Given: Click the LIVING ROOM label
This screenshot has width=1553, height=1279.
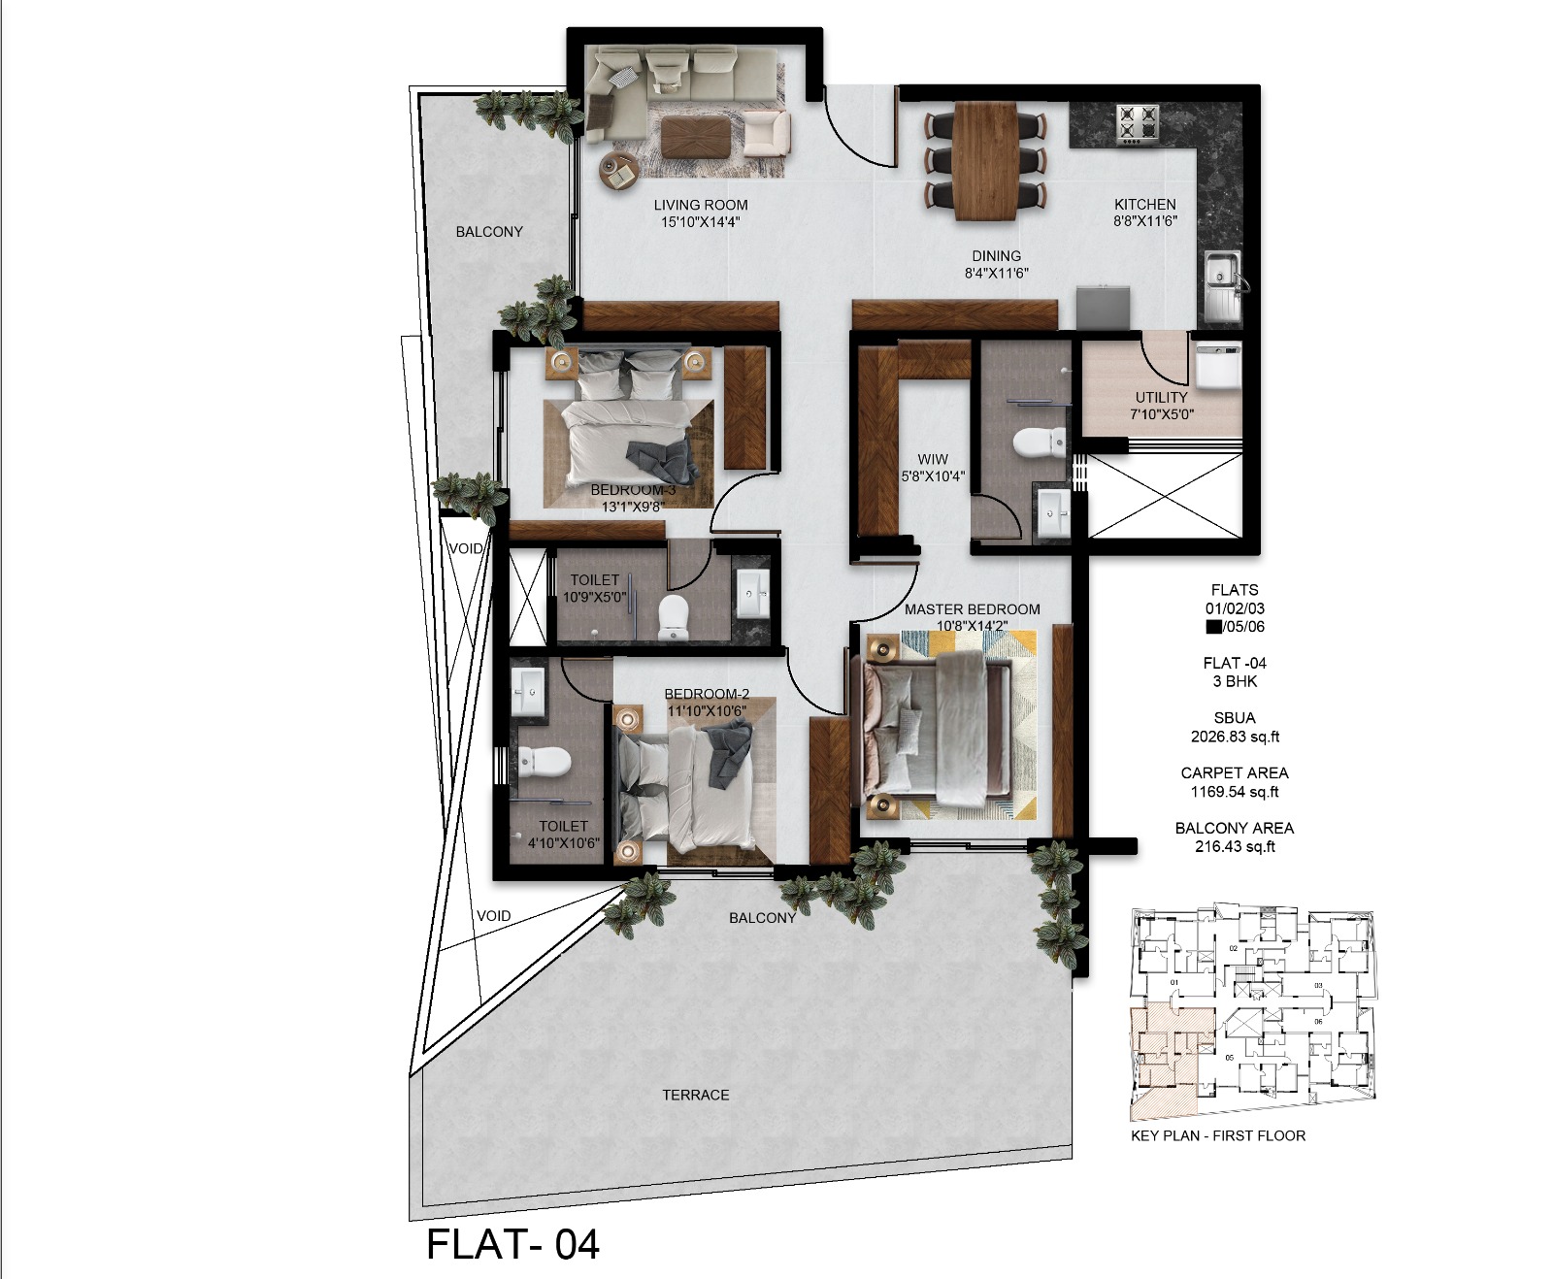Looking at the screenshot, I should pyautogui.click(x=700, y=205).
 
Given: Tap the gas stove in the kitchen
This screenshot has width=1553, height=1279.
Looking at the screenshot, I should pyautogui.click(x=1137, y=125).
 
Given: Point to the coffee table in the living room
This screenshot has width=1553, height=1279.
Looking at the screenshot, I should pyautogui.click(x=697, y=136).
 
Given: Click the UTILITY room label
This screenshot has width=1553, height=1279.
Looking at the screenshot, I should pyautogui.click(x=1161, y=397).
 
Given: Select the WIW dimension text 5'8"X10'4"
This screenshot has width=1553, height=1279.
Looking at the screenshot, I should pyautogui.click(x=933, y=476).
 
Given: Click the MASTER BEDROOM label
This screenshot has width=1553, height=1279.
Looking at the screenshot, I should pyautogui.click(x=972, y=609).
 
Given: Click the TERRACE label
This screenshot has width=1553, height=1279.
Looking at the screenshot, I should pyautogui.click(x=695, y=1095).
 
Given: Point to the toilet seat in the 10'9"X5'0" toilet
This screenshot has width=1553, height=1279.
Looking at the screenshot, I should pyautogui.click(x=673, y=616).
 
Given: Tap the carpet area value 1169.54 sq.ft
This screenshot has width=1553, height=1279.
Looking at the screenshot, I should pyautogui.click(x=1235, y=792).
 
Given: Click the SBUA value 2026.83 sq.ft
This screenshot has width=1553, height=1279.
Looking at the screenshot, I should pyautogui.click(x=1235, y=737).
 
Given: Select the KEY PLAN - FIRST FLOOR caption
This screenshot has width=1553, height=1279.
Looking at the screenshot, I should pyautogui.click(x=1217, y=1135).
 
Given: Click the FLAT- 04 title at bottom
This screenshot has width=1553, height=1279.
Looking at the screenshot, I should pyautogui.click(x=512, y=1245).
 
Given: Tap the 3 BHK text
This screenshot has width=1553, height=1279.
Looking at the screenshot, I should pyautogui.click(x=1235, y=681).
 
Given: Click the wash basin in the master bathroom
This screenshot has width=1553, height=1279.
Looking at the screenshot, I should pyautogui.click(x=1052, y=511).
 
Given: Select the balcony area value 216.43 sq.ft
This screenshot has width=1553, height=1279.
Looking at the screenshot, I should pyautogui.click(x=1235, y=846).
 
